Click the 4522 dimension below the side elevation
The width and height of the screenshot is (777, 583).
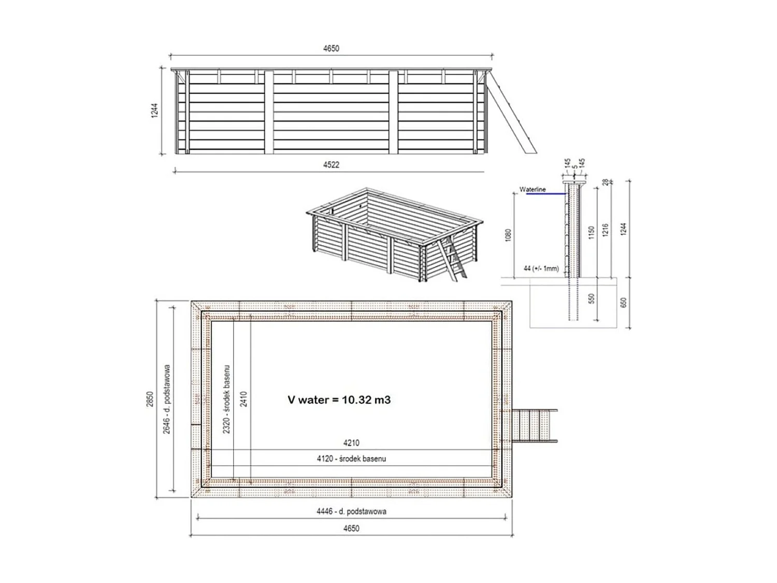(x=331, y=165)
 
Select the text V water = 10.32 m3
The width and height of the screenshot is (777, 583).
(x=339, y=400)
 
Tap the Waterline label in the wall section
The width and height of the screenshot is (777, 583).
(x=533, y=190)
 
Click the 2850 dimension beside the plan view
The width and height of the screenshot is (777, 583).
(x=150, y=399)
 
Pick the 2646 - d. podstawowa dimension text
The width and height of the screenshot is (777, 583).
(x=167, y=399)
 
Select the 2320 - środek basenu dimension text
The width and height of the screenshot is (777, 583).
(x=227, y=399)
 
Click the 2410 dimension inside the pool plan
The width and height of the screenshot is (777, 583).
(x=243, y=399)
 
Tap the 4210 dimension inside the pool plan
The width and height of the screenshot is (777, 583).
(x=351, y=443)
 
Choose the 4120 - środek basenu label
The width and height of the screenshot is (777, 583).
(x=351, y=459)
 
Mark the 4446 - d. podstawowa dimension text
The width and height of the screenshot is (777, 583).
(x=351, y=511)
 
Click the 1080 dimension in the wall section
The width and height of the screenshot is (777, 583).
(x=508, y=235)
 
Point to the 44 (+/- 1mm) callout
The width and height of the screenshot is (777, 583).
(x=541, y=268)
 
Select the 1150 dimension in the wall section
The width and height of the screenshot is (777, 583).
(x=592, y=232)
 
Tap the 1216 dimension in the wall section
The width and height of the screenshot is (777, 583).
(x=606, y=230)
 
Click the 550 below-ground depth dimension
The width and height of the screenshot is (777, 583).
(x=592, y=299)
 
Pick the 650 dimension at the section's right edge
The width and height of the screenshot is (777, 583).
(x=623, y=302)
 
